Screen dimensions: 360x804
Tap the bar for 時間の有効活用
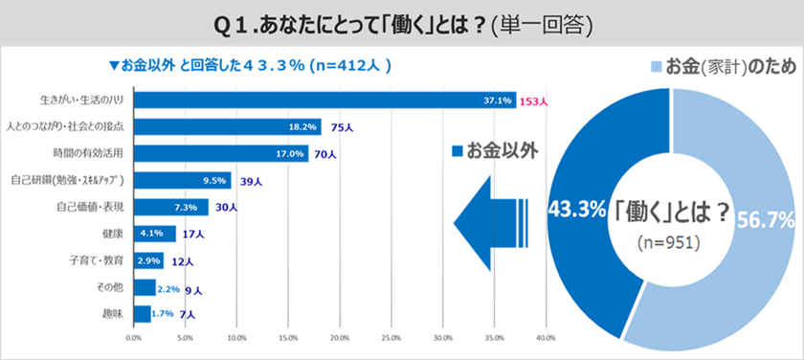tap(221, 153)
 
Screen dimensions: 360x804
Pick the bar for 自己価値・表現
tap(170, 207)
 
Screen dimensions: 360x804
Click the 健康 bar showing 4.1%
tap(154, 233)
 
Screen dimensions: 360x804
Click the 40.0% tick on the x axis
tap(546, 337)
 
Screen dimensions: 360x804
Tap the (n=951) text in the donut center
tap(670, 243)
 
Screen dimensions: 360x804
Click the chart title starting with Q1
tap(401, 22)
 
